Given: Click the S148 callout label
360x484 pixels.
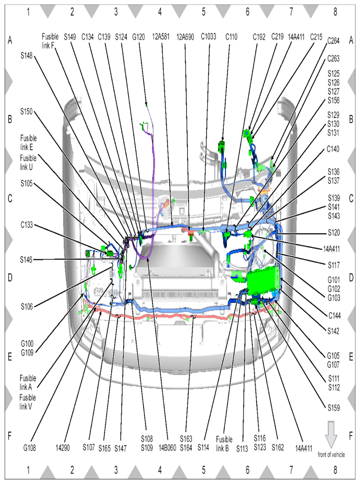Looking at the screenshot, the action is click(27, 55).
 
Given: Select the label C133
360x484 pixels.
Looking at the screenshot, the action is click(27, 225).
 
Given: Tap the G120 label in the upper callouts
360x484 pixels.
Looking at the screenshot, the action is click(138, 37).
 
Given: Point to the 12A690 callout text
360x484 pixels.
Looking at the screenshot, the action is click(185, 37).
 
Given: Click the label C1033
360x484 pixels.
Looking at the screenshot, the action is click(208, 37).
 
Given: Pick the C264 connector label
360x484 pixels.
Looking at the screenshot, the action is click(333, 41).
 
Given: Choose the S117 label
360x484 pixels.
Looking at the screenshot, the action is click(334, 265).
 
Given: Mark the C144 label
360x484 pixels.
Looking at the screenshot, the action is click(334, 315).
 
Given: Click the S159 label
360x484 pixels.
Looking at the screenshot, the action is click(334, 408).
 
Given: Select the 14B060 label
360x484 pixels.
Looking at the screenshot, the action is click(167, 447).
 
